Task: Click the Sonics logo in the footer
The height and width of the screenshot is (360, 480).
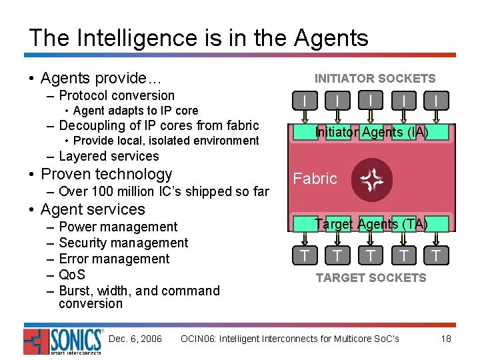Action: coord(63,341)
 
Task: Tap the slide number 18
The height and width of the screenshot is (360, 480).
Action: coord(446,339)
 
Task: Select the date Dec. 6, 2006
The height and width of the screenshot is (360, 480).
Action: coord(135,339)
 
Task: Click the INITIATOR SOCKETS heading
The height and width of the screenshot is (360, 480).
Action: coord(375,79)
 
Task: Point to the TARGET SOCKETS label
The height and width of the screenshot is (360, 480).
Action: coord(371,277)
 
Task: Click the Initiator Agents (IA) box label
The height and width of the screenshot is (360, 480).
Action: coord(371,132)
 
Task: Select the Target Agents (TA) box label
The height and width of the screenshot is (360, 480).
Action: coord(371,224)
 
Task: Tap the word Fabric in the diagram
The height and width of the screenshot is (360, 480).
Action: coord(315,179)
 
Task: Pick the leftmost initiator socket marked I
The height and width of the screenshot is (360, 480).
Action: coord(305,101)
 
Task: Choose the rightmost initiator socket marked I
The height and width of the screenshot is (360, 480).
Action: coord(436,101)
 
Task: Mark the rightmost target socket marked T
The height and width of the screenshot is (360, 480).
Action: coord(436,255)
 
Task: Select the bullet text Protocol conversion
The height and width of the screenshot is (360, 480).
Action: coord(117,95)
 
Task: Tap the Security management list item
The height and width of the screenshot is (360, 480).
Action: coord(123,243)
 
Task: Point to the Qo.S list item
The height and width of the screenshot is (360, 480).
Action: coord(72,275)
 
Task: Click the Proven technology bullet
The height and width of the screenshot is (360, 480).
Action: coord(107,174)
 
